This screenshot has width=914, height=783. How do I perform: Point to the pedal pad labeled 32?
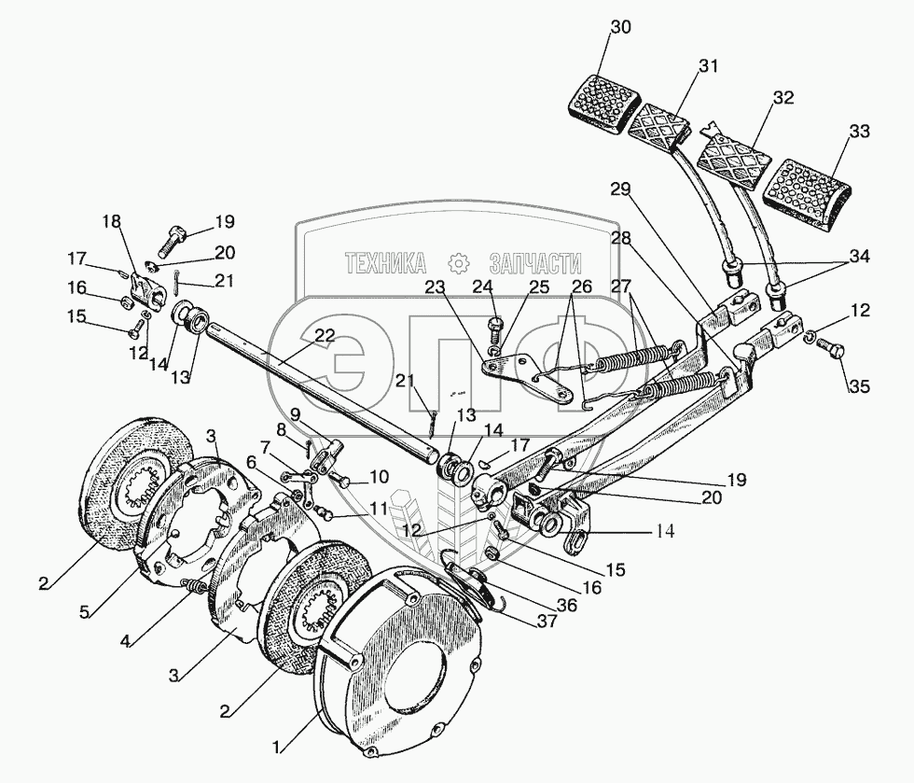[x=733, y=160]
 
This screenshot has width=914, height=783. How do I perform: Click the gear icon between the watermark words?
[x=457, y=263]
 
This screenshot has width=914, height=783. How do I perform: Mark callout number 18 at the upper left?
[x=111, y=221]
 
